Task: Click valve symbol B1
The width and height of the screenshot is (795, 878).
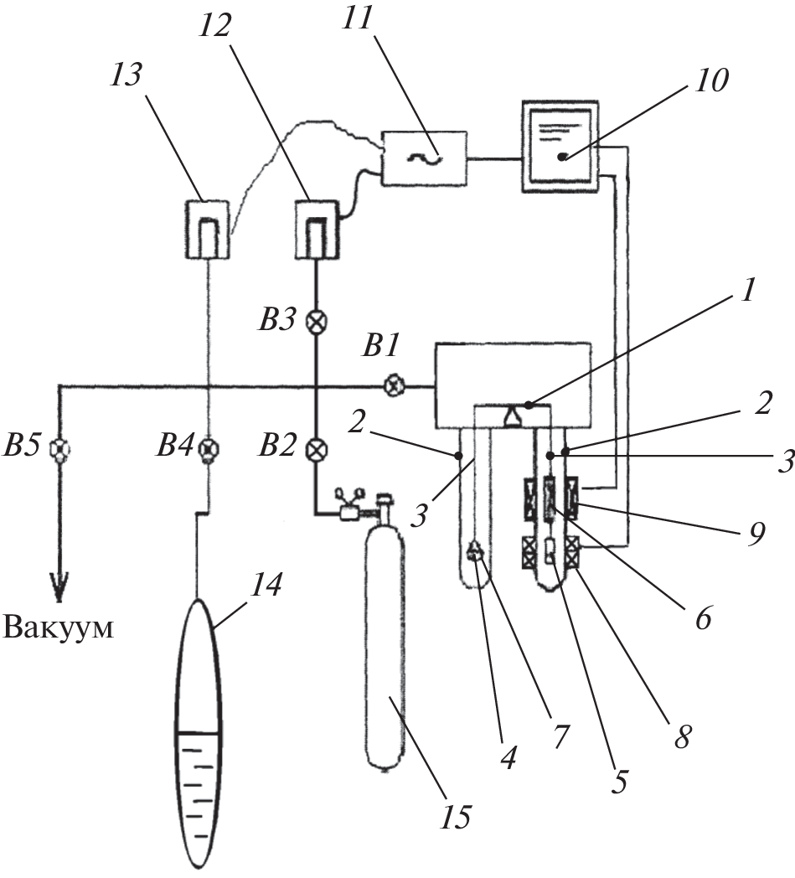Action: (x=393, y=386)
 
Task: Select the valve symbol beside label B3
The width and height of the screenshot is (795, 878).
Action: (x=317, y=322)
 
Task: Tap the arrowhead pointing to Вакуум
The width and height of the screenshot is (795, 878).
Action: (x=60, y=588)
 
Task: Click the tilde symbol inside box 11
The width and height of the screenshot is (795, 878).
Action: (x=425, y=157)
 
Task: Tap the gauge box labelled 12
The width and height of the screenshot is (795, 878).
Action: (x=317, y=228)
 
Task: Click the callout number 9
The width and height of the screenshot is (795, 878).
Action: (x=756, y=535)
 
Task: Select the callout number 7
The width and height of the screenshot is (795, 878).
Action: (x=559, y=737)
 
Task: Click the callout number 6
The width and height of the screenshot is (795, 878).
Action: (x=702, y=622)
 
